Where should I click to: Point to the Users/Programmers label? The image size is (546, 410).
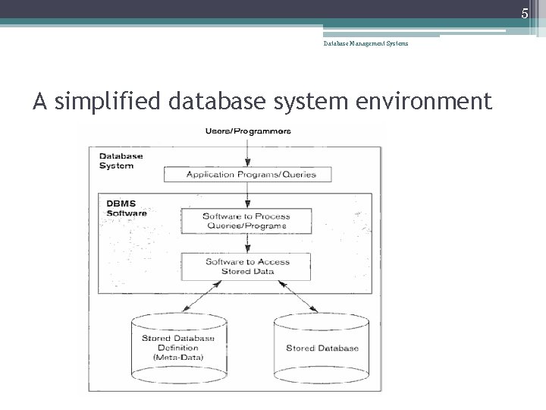(248, 131)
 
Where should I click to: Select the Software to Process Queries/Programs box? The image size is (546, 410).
(246, 221)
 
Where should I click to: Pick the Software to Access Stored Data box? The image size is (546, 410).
(247, 266)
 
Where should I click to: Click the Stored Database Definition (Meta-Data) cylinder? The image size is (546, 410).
(173, 346)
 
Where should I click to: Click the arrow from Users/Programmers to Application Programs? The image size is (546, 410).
(247, 152)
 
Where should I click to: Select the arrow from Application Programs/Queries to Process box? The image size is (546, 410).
(247, 195)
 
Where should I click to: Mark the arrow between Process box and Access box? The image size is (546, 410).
(247, 243)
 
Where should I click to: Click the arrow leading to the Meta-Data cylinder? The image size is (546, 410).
(199, 295)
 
